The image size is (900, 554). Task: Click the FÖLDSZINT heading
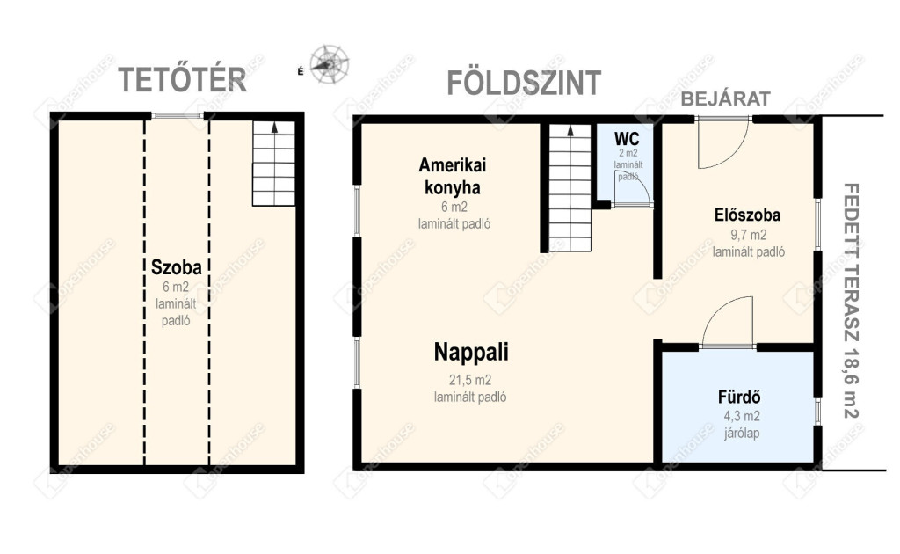pos(524,83)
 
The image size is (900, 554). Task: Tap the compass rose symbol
pos(330,64)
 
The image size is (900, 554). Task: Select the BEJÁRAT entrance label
pos(725,98)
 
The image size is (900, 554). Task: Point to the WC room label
pos(627,139)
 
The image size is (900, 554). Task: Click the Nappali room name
pos(471,352)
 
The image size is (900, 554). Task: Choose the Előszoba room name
pos(747,215)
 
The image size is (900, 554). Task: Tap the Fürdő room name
pos(739,397)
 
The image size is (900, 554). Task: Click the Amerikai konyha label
pos(453,176)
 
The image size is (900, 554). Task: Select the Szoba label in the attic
pos(176,267)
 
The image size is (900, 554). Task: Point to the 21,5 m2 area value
pos(470,380)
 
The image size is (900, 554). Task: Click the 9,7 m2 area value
pos(748,235)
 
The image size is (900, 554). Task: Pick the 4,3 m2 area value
pos(742,416)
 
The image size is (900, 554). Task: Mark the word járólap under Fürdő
pos(742,433)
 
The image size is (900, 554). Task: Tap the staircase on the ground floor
pos(570,187)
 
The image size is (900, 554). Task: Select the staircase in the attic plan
pos(274,163)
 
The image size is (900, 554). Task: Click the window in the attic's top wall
pos(178,116)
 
